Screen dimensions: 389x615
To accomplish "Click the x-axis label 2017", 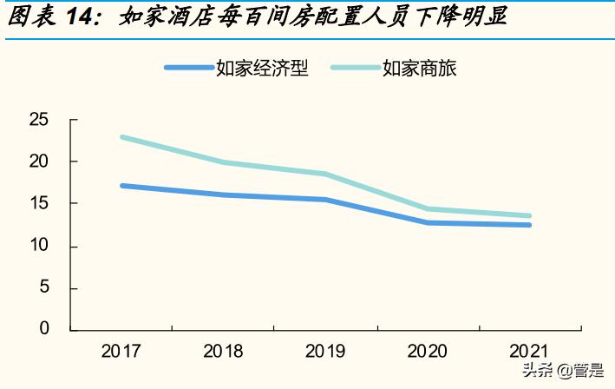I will coord(121,352).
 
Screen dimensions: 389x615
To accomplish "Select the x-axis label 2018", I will coord(223,352).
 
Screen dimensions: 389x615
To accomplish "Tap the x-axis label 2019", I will coord(324,352).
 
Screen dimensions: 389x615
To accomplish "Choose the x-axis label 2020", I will coord(427,352).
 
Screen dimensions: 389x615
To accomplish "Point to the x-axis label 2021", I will coord(529,352).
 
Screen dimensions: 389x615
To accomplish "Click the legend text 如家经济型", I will coord(263,68).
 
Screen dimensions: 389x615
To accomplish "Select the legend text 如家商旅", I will coord(420,68).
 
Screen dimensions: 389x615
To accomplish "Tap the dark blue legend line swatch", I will coord(189,68).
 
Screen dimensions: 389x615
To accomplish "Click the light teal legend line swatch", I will coord(355,68).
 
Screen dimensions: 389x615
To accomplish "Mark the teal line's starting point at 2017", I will coord(122,137).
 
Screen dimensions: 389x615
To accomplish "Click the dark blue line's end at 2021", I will coord(529,225).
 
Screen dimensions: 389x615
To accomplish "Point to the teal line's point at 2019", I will coord(325,174).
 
